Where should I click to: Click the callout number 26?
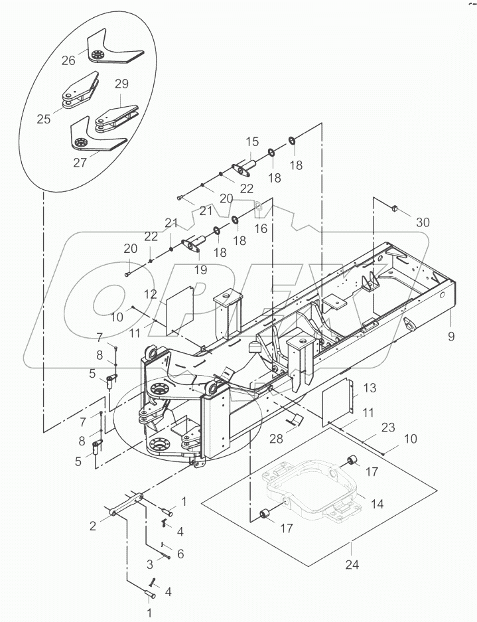[68, 60]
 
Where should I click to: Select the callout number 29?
[121, 84]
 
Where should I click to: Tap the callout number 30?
[423, 222]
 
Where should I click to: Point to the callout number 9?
[451, 337]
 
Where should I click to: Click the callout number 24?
[352, 564]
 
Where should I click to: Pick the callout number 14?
[377, 503]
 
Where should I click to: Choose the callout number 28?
[277, 438]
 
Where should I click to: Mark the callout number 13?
[369, 388]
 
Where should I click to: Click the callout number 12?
[151, 294]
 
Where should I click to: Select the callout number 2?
[92, 526]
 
